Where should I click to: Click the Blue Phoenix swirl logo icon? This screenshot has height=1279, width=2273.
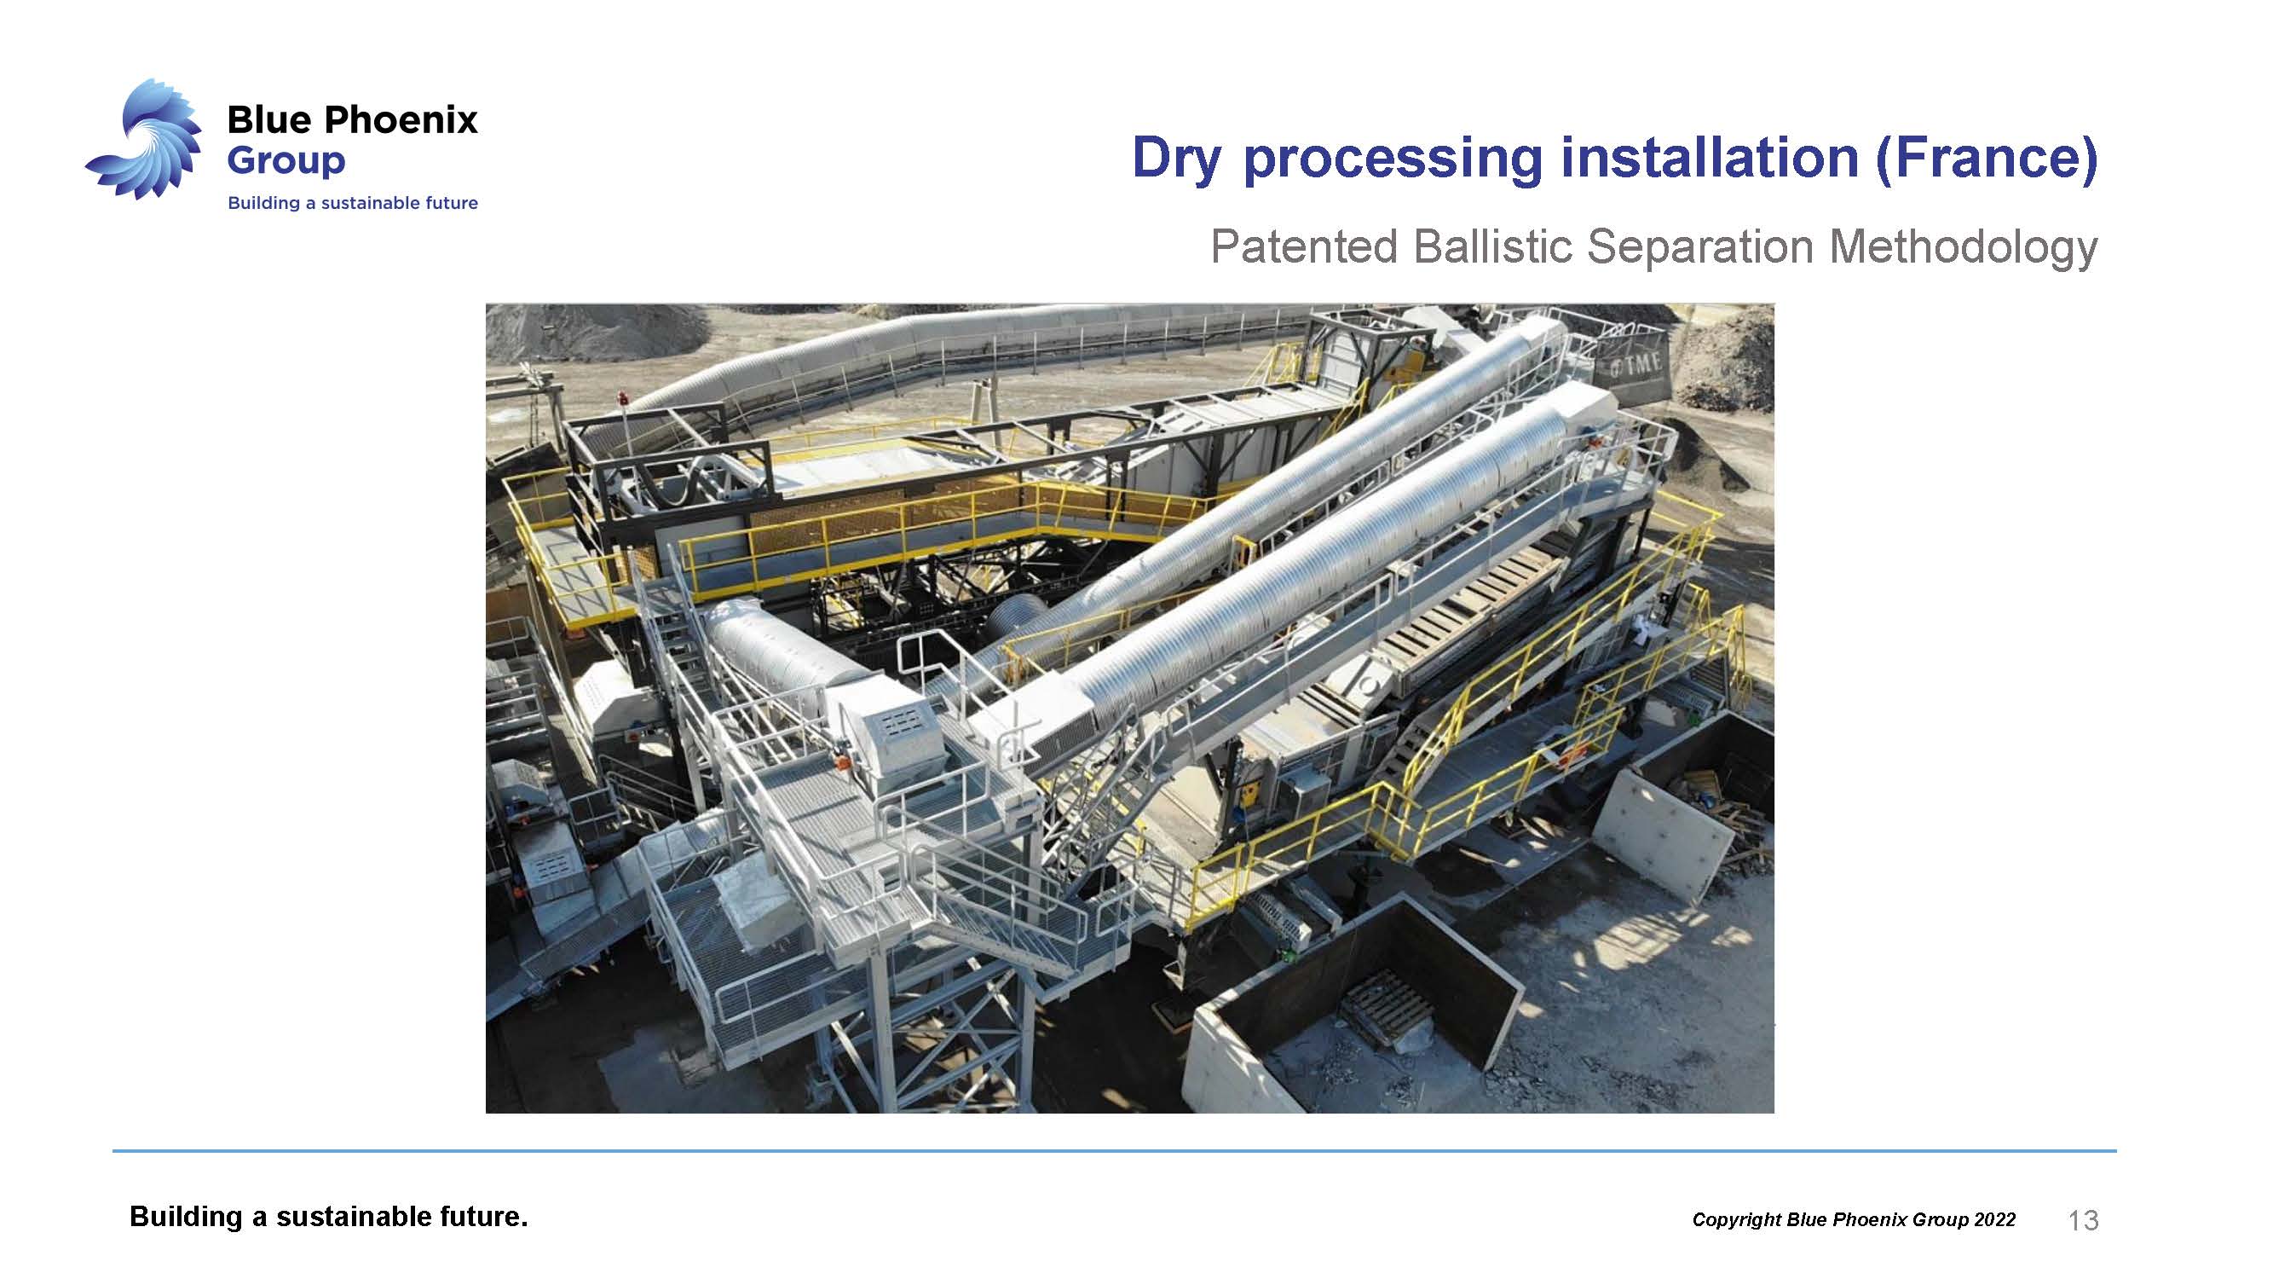(x=145, y=139)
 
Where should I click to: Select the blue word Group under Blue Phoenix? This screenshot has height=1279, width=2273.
(x=286, y=161)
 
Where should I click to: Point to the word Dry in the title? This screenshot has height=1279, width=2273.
(x=1178, y=159)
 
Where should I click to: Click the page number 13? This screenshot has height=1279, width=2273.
(x=2083, y=1220)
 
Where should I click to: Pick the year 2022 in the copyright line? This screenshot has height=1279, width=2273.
(x=1994, y=1220)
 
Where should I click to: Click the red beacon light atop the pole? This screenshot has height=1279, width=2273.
(x=624, y=399)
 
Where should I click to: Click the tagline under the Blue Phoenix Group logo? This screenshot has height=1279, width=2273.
(x=353, y=203)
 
